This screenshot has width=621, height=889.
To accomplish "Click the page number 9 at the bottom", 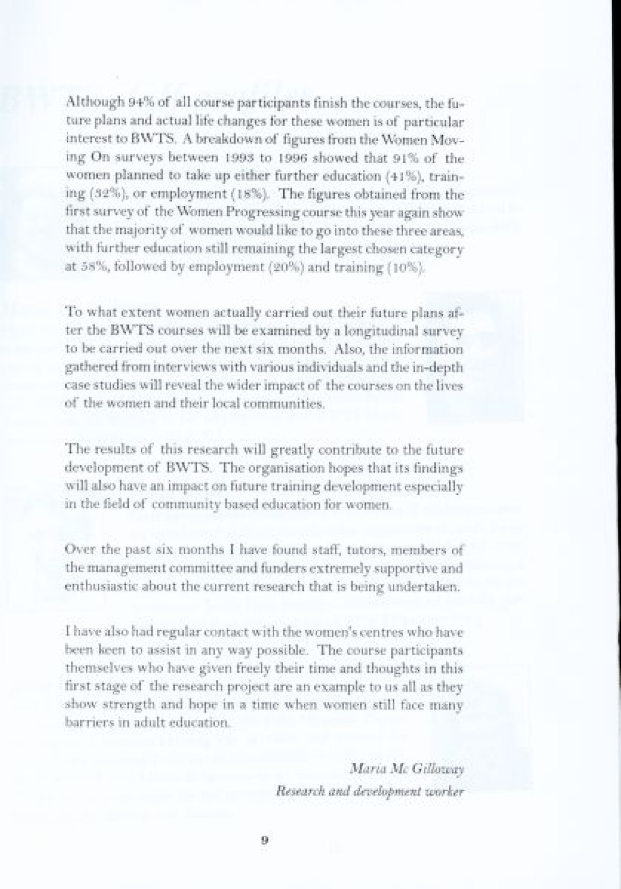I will [x=264, y=841].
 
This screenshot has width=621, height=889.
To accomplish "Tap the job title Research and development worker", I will [x=370, y=791].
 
